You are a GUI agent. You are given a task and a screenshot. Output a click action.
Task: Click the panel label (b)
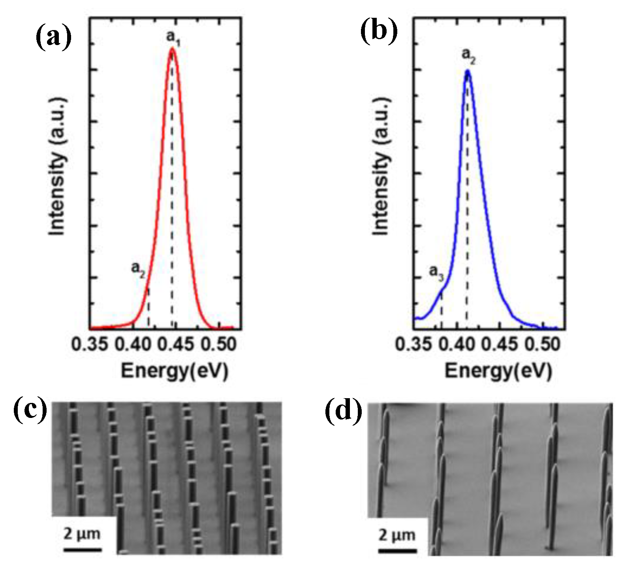coord(378,30)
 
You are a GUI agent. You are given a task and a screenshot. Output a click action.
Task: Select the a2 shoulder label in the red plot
coord(138,269)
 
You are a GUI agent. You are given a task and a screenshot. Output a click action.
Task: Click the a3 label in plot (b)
coord(436,273)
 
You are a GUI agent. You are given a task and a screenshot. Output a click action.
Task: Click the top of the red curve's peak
coord(172,49)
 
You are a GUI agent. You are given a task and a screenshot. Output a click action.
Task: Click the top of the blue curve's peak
coord(468,72)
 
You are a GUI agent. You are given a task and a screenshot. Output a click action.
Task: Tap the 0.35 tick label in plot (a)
coord(90,344)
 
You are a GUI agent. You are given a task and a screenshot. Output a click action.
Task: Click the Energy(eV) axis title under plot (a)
coord(175,371)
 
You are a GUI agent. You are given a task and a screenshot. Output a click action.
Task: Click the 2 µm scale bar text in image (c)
coord(82,534)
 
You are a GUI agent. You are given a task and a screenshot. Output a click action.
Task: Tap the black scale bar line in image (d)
coord(397,550)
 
